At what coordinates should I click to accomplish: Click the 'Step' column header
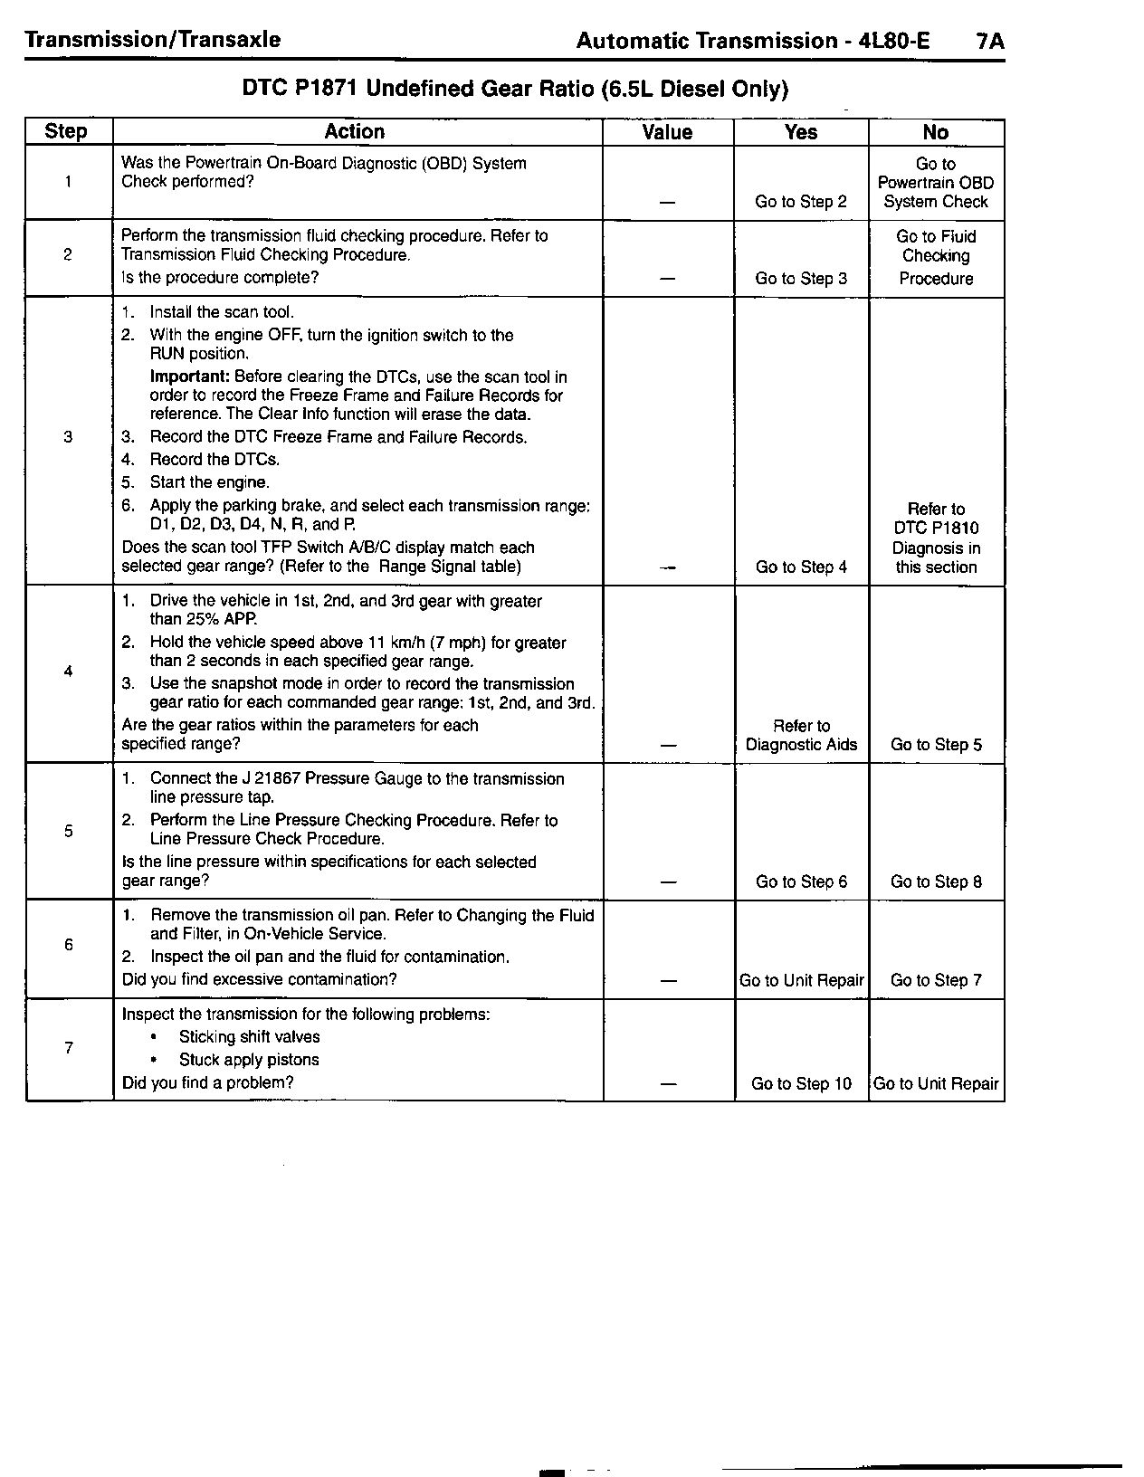[x=66, y=132]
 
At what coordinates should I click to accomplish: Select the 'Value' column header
[x=667, y=132]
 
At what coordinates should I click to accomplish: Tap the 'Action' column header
[x=355, y=132]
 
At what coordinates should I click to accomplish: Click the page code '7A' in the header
[x=991, y=41]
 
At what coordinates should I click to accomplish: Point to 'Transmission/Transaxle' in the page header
[x=153, y=40]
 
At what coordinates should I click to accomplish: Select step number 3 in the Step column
[x=68, y=438]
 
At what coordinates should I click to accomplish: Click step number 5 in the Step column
[x=68, y=831]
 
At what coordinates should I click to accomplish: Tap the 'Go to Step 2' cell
[x=801, y=202]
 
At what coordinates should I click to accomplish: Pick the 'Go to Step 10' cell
[x=801, y=1084]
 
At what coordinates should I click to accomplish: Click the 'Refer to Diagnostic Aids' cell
[x=801, y=736]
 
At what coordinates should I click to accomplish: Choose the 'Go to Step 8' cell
[x=936, y=882]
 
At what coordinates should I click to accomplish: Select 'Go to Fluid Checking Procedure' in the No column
[x=936, y=257]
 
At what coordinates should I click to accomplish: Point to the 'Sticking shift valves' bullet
[x=249, y=1037]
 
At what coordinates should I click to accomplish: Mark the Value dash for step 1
[x=667, y=203]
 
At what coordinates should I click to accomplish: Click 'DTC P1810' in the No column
[x=936, y=529]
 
